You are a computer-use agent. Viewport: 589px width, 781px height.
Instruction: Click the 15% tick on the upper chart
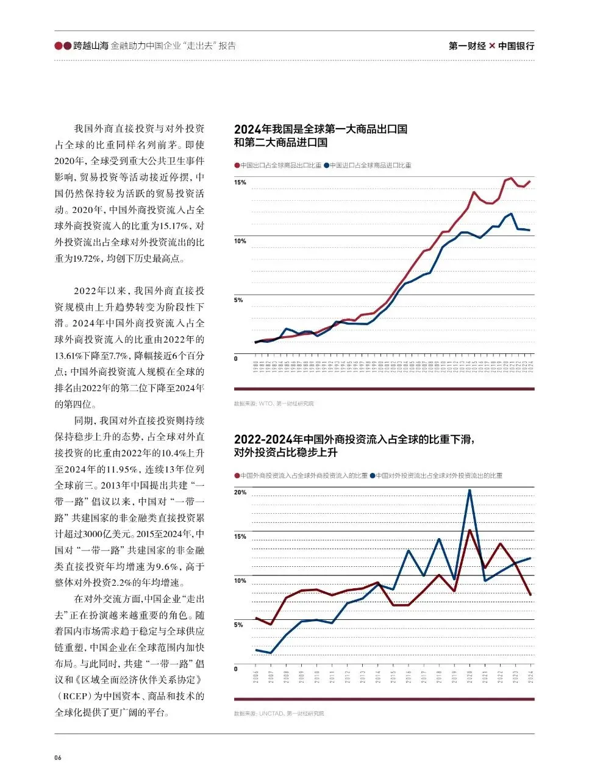tap(240, 182)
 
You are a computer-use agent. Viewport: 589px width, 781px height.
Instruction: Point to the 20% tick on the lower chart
tap(240, 492)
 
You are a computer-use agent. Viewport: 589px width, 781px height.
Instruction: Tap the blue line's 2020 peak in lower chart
tap(469, 490)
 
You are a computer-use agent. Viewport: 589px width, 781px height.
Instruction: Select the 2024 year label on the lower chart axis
tap(530, 677)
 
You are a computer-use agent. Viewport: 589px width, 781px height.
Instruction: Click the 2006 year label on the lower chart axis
tap(256, 677)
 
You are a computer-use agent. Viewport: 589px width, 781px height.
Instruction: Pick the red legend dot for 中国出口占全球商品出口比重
tap(237, 165)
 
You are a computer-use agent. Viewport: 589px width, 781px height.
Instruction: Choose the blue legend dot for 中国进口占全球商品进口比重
tap(327, 165)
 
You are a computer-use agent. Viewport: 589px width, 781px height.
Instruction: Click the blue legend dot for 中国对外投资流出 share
tap(373, 475)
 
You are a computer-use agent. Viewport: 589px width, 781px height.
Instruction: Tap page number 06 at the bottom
tap(58, 758)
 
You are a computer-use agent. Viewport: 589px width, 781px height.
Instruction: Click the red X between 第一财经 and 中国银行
tap(492, 46)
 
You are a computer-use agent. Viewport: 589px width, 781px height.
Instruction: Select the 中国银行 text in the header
tap(516, 46)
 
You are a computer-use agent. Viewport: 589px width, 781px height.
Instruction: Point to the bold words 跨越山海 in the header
tap(90, 46)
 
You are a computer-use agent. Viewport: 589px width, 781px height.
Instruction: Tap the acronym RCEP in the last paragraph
tap(76, 696)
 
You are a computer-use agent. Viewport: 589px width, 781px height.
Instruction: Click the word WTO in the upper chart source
tap(266, 404)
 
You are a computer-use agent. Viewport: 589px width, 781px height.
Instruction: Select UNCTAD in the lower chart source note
tap(271, 713)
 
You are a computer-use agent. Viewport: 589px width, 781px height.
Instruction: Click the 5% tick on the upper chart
tap(239, 300)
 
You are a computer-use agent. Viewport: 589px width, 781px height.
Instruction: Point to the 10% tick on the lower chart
tap(240, 580)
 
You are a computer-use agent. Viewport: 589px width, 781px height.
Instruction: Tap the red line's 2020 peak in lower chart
tap(469, 530)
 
